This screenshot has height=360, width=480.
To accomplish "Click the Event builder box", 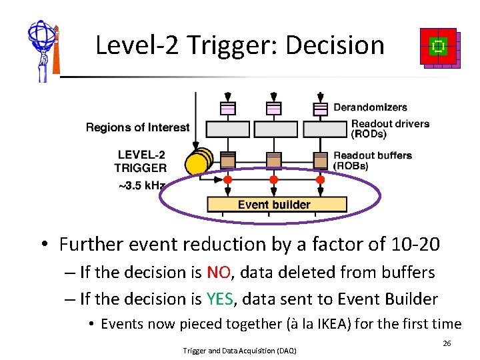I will coord(275,204).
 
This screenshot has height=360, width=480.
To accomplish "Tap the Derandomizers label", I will coord(370,107).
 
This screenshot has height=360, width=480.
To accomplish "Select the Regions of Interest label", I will coord(137,127).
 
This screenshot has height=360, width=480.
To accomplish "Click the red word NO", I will coord(219,272).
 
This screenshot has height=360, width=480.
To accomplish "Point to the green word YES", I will coord(221,299).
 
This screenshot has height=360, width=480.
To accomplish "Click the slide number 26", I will coord(447,343).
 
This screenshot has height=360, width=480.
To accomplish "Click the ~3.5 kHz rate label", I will coord(141,185).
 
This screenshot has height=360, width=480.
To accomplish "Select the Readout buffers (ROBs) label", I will coord(373,160).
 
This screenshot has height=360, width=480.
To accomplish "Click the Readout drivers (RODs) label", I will coord(390,129).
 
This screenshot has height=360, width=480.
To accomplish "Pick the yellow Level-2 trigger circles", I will coord(199,163).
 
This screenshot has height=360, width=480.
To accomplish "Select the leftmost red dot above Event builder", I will coord(227,180).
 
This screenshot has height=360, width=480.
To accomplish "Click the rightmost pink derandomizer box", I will coord(321,107).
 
